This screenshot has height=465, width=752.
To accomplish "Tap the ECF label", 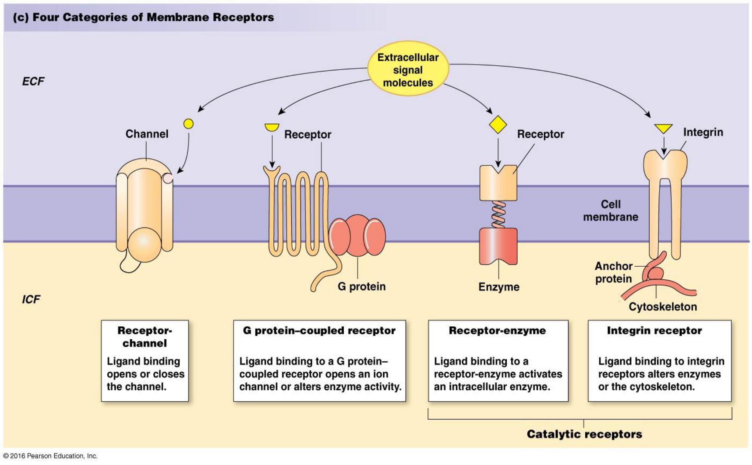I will [x=33, y=81].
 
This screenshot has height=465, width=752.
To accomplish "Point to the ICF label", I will [x=31, y=299].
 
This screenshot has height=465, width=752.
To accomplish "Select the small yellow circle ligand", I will [x=188, y=124].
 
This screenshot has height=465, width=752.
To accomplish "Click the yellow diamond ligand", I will [x=498, y=124].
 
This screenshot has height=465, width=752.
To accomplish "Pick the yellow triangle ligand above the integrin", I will [x=663, y=128].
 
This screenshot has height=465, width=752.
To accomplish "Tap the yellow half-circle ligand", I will [x=272, y=127].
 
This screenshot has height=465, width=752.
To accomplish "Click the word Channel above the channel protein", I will [x=147, y=134].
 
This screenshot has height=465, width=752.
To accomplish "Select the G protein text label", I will [x=361, y=287].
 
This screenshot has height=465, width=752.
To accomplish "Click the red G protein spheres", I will [x=357, y=235].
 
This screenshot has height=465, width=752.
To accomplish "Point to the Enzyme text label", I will [x=499, y=287].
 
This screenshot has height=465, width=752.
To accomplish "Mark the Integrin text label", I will [x=703, y=132].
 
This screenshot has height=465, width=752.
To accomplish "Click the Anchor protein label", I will [x=613, y=272].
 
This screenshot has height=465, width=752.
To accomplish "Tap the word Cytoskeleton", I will [x=663, y=306].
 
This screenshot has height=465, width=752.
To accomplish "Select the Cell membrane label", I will [x=610, y=211].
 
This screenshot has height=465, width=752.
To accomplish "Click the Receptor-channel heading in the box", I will [x=145, y=337].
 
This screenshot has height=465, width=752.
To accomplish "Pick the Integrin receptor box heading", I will [x=654, y=331].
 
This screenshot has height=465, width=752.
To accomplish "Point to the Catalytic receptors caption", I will [x=584, y=434].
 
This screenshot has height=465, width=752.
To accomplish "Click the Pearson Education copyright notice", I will [x=50, y=456].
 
